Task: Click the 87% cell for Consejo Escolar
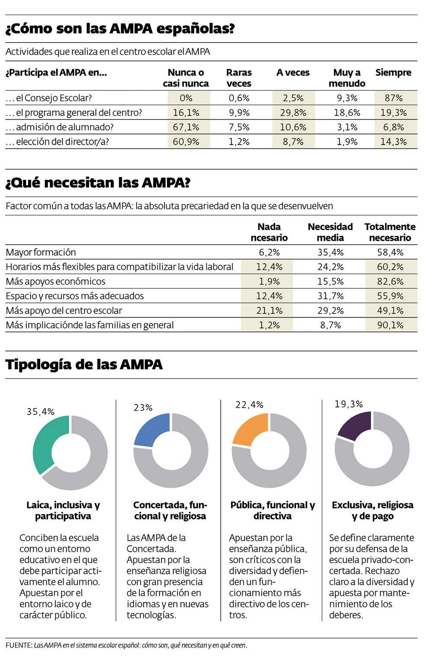(394, 98)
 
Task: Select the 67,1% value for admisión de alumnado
(186, 127)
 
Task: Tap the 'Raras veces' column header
(239, 78)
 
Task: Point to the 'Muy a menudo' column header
(347, 78)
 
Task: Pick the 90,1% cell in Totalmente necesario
(390, 325)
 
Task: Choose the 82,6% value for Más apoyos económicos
(390, 281)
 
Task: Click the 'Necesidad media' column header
(330, 232)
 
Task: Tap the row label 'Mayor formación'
(41, 252)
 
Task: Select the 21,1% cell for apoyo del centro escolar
(269, 311)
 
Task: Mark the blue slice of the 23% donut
(151, 428)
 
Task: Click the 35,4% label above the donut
(41, 411)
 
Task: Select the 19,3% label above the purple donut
(349, 404)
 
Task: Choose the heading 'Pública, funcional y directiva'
(273, 510)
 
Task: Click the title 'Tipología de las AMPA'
(84, 364)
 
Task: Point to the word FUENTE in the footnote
(19, 645)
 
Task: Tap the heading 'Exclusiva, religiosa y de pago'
(373, 510)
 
